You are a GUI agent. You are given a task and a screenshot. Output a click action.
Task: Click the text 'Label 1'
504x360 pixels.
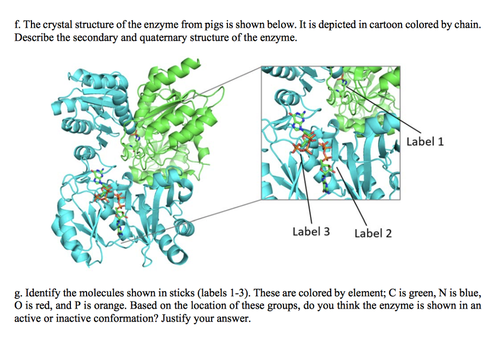point(425,142)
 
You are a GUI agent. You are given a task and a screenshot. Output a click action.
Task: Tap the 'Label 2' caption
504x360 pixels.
point(373,233)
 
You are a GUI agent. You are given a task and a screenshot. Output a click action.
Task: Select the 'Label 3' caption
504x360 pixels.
point(311,231)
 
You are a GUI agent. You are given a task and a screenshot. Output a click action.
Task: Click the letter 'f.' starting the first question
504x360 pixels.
point(18,25)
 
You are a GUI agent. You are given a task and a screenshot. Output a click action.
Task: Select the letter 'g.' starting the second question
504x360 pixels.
point(19,294)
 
